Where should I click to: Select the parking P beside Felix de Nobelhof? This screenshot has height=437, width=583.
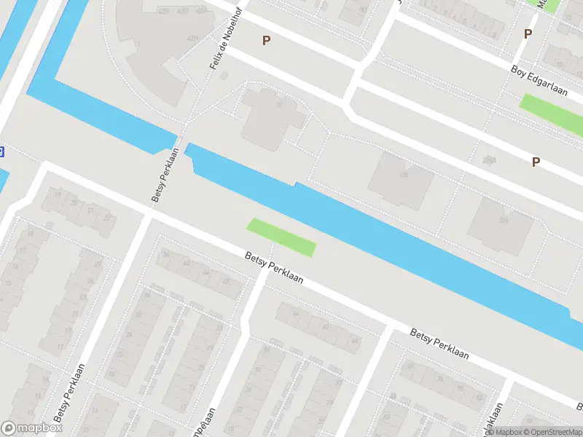click(267, 40)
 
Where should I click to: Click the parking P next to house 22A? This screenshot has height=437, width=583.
click(536, 162)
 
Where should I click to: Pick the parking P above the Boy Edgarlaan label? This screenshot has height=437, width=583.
click(528, 34)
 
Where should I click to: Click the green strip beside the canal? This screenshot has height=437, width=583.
click(282, 237)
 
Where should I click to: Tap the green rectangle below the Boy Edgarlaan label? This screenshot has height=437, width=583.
click(550, 114)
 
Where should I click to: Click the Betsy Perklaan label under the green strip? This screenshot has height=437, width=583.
click(274, 267)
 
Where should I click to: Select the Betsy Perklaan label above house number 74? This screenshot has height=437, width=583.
click(439, 345)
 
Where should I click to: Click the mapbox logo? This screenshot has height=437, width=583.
click(32, 428)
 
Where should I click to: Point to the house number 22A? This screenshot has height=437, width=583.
click(489, 160)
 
